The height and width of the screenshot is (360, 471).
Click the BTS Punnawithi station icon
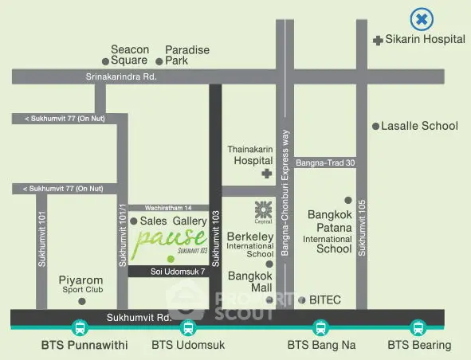point(80,327)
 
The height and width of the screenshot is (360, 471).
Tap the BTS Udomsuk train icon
point(187,327)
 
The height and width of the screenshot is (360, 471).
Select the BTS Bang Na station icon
point(320,327)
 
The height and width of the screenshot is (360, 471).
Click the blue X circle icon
point(421,18)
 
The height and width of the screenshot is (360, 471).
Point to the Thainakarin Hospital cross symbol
point(266,174)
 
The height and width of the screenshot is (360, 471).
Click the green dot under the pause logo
point(170,258)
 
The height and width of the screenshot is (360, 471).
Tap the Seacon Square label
point(130,55)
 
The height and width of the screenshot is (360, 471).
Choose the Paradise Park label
point(186,55)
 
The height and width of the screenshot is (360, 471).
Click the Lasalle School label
point(419,126)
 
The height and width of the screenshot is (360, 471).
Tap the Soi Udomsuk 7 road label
point(177,272)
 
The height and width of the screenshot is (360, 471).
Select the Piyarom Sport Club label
point(81,285)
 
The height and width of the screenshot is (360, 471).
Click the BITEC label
point(324,299)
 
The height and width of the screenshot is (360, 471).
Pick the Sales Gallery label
point(174,221)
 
